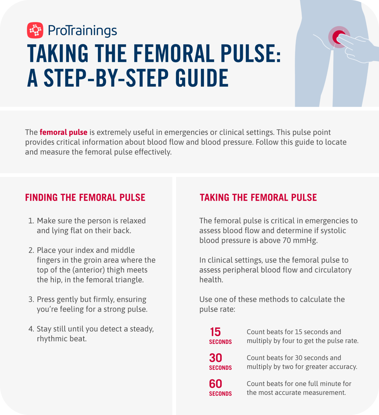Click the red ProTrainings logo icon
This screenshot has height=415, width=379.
[35, 30]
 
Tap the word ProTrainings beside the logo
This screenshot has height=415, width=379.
[82, 31]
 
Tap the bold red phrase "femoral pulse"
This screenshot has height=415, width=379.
[63, 132]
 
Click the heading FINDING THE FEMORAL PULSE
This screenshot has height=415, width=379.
[85, 198]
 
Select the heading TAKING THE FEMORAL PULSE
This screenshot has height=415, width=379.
[258, 198]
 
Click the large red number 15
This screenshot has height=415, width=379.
[215, 332]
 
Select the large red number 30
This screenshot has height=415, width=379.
[216, 358]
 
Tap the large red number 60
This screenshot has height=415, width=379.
[216, 384]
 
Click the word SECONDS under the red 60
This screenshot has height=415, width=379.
[220, 394]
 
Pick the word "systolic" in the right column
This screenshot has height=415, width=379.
[333, 231]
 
